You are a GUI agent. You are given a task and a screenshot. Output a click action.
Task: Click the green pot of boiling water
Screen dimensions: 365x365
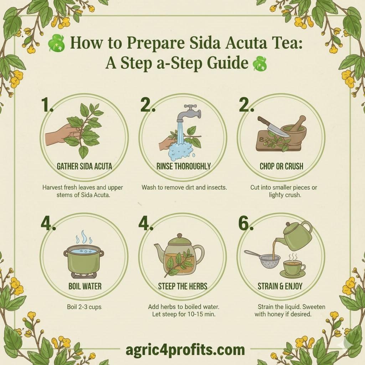(84, 260)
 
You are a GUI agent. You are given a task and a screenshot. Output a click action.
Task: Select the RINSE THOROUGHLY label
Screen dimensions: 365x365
(183, 166)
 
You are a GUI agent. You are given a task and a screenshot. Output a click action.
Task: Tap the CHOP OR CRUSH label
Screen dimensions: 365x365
(282, 166)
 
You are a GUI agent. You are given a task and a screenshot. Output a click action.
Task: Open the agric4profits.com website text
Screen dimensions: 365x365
(185, 349)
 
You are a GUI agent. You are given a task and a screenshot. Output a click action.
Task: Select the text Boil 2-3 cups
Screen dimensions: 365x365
(84, 307)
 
